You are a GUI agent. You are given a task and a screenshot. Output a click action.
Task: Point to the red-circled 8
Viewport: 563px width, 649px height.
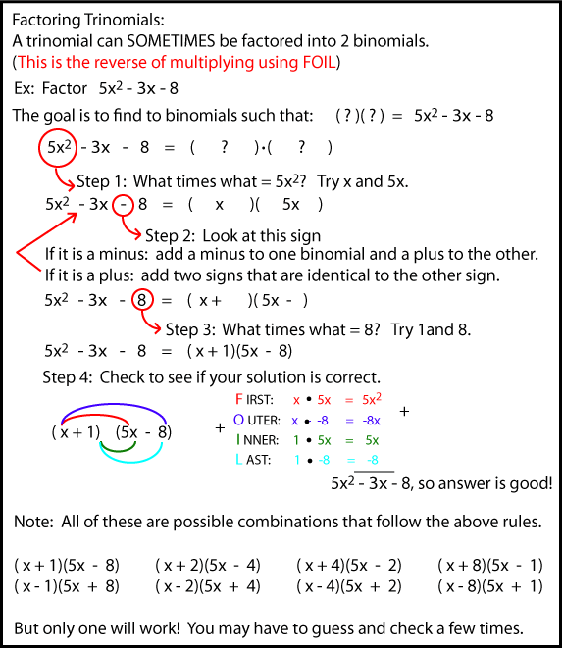[x=142, y=297]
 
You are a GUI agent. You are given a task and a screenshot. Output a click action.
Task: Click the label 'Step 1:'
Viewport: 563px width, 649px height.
[x=103, y=181]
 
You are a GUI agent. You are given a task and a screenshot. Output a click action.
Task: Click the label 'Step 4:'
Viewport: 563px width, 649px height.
[x=73, y=376]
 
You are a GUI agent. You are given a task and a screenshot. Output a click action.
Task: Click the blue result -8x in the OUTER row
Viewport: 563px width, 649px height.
[x=370, y=420]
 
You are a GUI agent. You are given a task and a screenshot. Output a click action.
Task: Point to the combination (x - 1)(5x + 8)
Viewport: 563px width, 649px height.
[x=67, y=586]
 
